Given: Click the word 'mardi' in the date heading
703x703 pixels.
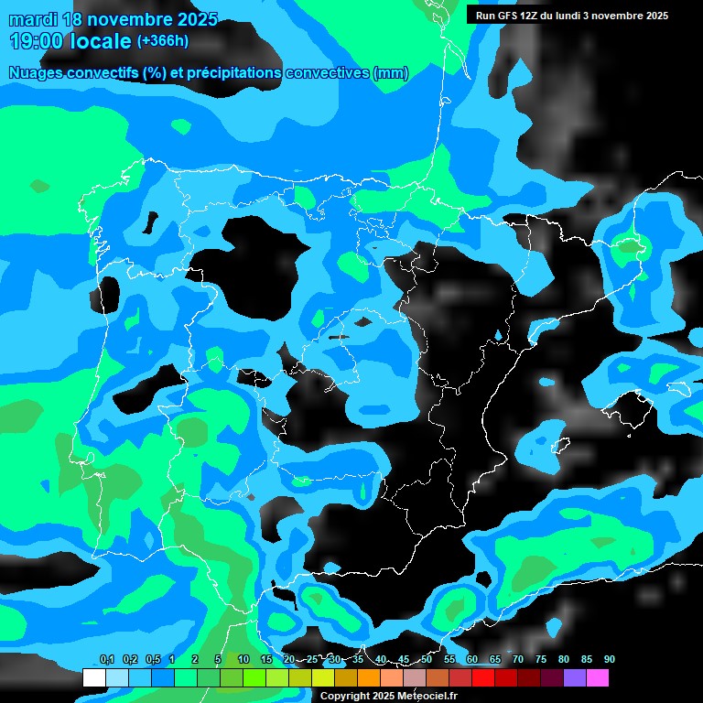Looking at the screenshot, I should coord(32,19).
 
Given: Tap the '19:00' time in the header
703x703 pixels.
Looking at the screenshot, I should coord(36,41).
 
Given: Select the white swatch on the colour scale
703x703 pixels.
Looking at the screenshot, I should coord(93,677).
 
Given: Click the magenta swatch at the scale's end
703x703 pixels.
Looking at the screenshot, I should coord(597,677).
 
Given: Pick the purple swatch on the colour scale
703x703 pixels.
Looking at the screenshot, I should coord(574,677).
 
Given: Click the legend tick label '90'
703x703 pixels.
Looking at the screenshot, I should coord(610,659).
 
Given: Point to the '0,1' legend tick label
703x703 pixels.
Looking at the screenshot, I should coord(106,659).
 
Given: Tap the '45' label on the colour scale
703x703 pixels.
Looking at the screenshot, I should coord(404,659).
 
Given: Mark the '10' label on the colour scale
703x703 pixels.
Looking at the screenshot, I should coord(243,659).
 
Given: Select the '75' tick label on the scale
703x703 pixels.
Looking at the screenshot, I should coord(541,659).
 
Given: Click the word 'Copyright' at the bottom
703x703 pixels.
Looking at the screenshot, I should coord(345,696).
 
